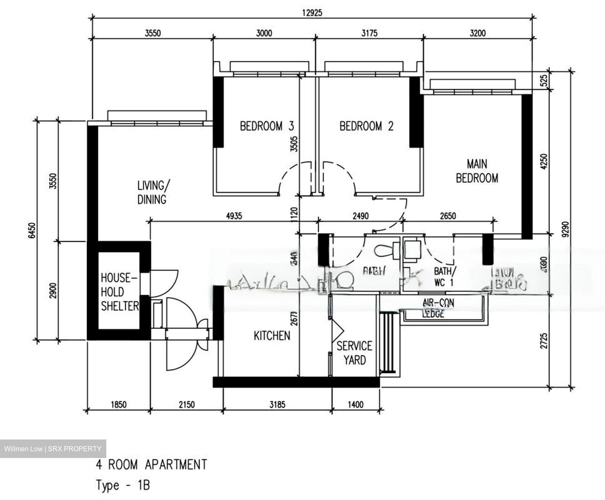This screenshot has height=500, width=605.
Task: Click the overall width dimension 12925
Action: click(x=312, y=12)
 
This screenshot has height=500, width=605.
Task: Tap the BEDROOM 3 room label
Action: click(x=267, y=126)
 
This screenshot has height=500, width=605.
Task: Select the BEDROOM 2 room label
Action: click(x=366, y=126)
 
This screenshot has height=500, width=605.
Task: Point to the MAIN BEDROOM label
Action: click(x=477, y=171)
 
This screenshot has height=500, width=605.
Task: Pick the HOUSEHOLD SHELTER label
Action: click(x=119, y=292)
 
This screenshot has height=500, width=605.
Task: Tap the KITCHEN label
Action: click(x=272, y=335)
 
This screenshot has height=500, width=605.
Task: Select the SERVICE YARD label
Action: click(x=354, y=353)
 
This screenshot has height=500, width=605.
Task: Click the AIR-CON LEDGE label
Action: click(x=438, y=308)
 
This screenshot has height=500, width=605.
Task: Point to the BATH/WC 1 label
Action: click(x=443, y=276)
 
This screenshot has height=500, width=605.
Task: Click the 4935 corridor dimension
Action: click(x=234, y=216)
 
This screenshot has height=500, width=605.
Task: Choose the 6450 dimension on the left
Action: click(x=32, y=230)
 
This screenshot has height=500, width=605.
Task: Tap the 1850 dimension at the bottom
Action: click(x=118, y=405)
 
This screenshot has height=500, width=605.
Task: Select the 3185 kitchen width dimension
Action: click(x=277, y=405)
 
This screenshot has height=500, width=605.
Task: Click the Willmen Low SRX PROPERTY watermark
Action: click(x=53, y=449)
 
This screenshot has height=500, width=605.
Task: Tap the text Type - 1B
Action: click(x=123, y=485)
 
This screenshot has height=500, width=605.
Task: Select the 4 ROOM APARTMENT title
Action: click(x=152, y=465)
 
